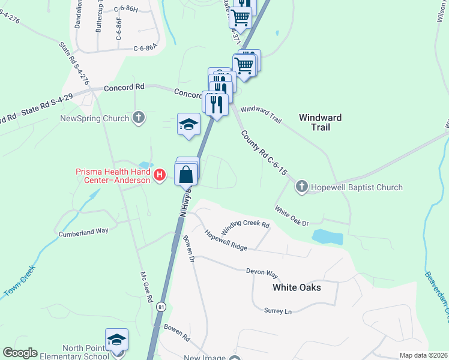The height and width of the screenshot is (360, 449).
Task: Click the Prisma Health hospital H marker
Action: click(x=160, y=175)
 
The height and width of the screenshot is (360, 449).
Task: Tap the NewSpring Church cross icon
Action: click(x=139, y=118)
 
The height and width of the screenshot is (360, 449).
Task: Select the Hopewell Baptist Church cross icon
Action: click(x=302, y=187)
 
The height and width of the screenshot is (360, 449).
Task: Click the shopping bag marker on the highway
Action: click(x=187, y=175)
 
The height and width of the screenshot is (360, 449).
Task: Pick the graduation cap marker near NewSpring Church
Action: click(x=188, y=125)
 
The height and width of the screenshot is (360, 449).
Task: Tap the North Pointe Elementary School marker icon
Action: click(x=116, y=340)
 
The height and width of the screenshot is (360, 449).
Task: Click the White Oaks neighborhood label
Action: click(x=297, y=287)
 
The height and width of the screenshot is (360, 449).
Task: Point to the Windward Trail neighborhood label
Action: click(x=321, y=122)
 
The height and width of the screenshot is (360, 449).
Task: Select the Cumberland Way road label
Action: click(x=83, y=232)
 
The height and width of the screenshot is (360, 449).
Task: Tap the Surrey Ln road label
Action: click(x=277, y=311)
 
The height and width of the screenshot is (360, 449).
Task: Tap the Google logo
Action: click(x=20, y=353)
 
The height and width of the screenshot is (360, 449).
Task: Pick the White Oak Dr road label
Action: click(x=292, y=217)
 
